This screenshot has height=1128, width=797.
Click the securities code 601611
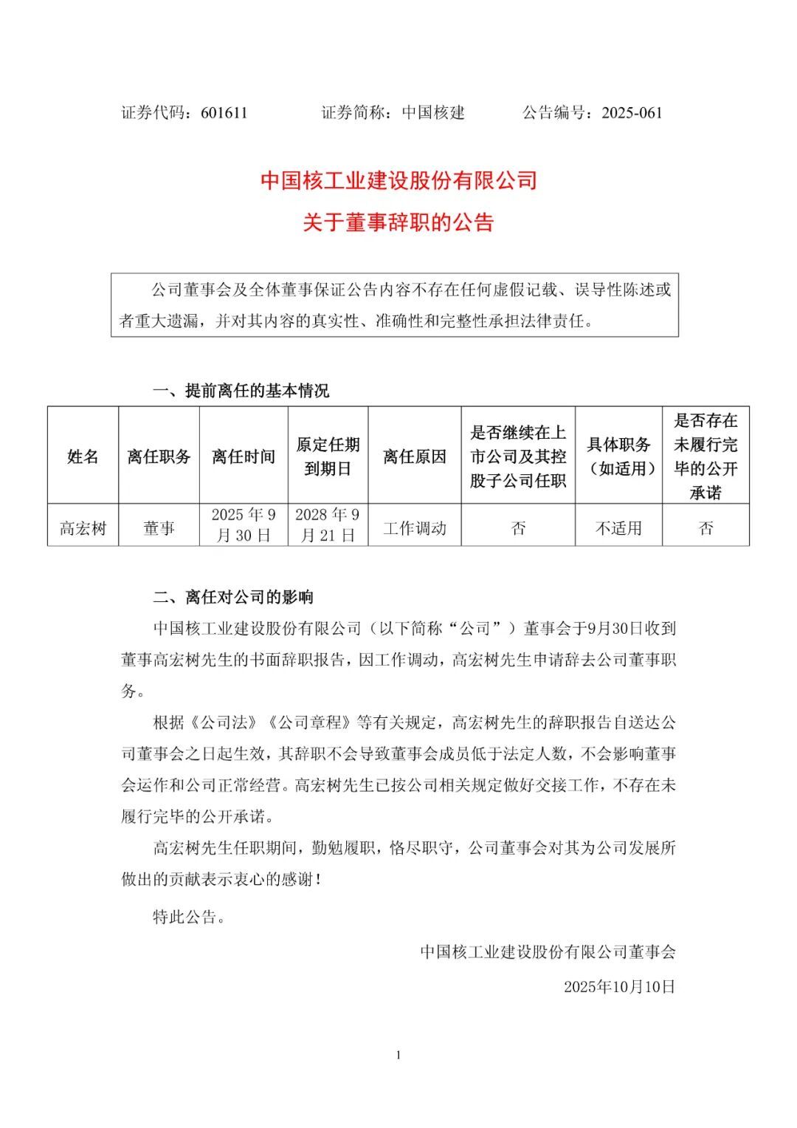pyautogui.click(x=224, y=112)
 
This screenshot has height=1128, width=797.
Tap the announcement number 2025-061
pyautogui.click(x=632, y=112)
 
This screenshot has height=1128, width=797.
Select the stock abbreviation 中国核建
pyautogui.click(x=433, y=112)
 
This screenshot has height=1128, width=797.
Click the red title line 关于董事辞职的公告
pyautogui.click(x=398, y=222)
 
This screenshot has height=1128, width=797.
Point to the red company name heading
pyautogui.click(x=398, y=181)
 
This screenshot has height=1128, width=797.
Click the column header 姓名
pyautogui.click(x=83, y=456)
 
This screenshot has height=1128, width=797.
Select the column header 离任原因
pyautogui.click(x=415, y=456)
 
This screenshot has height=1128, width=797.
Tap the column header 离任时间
pyautogui.click(x=244, y=456)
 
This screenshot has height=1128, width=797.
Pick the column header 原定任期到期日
pyautogui.click(x=328, y=456)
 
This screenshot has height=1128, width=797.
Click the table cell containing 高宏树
pyautogui.click(x=83, y=527)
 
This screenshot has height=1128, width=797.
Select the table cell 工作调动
pyautogui.click(x=415, y=527)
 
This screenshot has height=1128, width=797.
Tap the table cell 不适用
pyautogui.click(x=618, y=527)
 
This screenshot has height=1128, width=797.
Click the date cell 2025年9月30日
pyautogui.click(x=244, y=525)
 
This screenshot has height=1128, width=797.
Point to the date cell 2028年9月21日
pyautogui.click(x=328, y=525)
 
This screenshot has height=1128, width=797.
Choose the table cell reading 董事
pyautogui.click(x=159, y=527)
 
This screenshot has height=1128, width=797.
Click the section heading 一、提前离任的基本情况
pyautogui.click(x=241, y=390)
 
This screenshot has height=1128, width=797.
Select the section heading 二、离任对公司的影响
pyautogui.click(x=233, y=597)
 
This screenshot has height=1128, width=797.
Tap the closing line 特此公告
pyautogui.click(x=189, y=917)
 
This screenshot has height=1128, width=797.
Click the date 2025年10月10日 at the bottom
pyautogui.click(x=619, y=986)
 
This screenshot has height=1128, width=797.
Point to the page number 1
pyautogui.click(x=398, y=1055)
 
